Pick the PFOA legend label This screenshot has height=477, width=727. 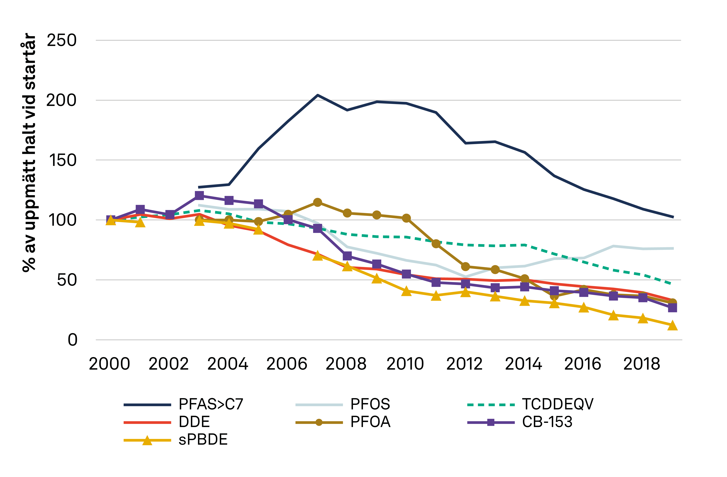[370, 422]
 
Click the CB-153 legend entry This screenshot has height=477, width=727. [547, 422]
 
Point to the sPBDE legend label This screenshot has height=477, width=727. [203, 440]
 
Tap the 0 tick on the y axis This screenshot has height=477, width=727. [72, 340]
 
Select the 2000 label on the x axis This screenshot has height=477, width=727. [109, 364]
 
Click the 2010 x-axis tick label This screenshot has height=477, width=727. [405, 364]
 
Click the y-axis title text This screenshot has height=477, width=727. [29, 153]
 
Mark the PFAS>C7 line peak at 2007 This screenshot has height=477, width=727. [318, 95]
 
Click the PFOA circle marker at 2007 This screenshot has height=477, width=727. [318, 202]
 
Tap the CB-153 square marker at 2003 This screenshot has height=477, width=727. [199, 196]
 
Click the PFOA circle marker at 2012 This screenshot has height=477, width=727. [465, 267]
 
